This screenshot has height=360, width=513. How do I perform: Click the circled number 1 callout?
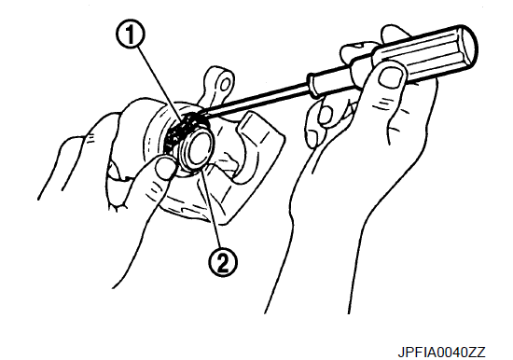coord(131,35)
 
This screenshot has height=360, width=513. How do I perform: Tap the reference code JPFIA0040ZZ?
coord(441,353)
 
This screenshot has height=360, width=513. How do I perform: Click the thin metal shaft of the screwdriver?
coord(256,98)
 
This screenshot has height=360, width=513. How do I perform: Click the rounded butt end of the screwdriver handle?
coord(469,44)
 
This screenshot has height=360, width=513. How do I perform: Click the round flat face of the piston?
coord(199,149)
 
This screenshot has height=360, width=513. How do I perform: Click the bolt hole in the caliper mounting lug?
coord(224,85)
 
